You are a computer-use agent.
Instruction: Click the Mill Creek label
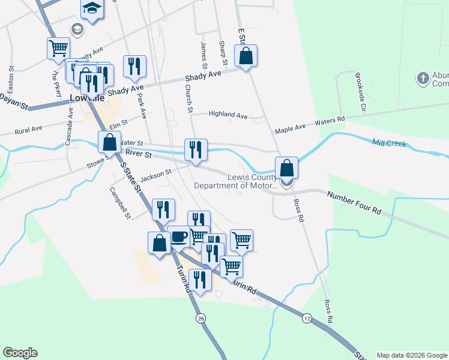pos(389,144)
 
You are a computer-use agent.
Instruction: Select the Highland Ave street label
pos(228,115)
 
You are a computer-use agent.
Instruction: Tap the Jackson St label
pos(156,176)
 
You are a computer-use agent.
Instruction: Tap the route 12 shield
pos(307,317)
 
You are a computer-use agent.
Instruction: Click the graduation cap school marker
pos(92,8)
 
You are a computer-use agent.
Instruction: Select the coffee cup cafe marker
pos(179,236)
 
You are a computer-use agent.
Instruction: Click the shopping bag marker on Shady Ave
pos(246,56)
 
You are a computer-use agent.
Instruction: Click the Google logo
pos(20,353)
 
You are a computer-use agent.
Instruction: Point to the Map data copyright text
pos(412,355)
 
